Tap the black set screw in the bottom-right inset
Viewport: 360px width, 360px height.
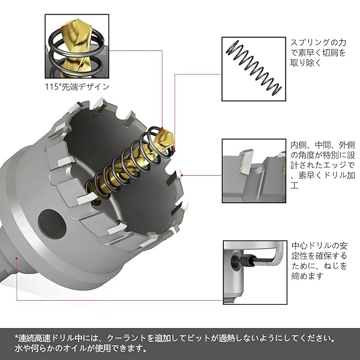[x=247, y=259]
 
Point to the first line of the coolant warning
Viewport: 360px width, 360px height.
[x=180, y=337]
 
